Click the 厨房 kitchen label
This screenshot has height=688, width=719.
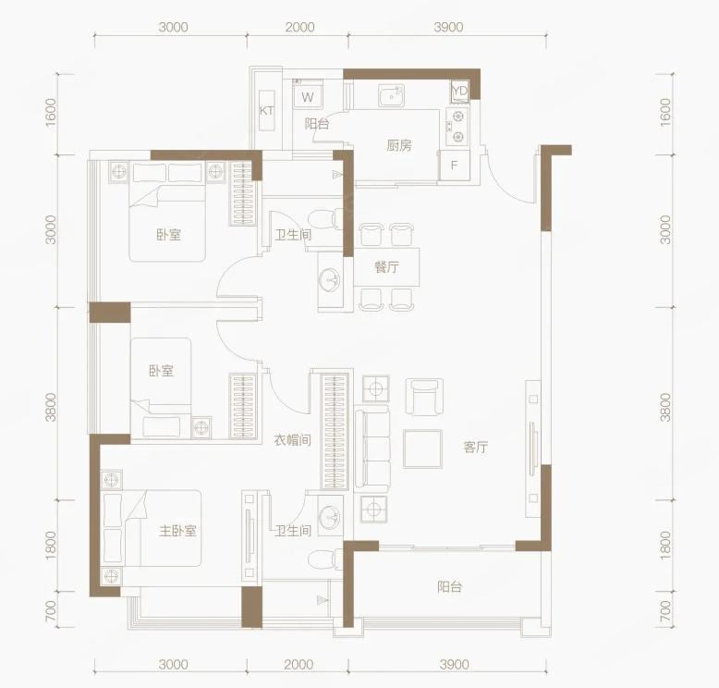pos(399,145)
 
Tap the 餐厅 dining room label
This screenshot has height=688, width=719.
pos(386,266)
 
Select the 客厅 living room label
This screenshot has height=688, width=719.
pos(476,447)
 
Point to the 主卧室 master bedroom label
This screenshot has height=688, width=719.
pos(177,531)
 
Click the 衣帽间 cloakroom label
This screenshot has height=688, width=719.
pos(293,440)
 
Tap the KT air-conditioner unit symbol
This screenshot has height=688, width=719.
pos(267,111)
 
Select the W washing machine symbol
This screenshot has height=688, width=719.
pos(308,97)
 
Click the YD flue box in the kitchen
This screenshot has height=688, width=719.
pos(459,91)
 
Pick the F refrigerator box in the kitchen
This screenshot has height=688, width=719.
pos(455,166)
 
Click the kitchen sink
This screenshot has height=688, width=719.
pos(391,95)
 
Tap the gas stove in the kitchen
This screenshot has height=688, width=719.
pos(457,127)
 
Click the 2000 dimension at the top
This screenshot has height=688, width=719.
pos(299,27)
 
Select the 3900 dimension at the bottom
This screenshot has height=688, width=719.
pos(454,664)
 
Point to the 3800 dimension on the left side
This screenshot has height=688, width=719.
pos(51,407)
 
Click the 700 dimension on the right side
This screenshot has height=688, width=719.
pos(665,611)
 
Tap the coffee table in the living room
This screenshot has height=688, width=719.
pos(422,448)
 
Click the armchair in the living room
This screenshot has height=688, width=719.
pos(424,397)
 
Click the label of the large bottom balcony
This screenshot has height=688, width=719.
pos(449,586)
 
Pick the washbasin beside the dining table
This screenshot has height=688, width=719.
pos(330,278)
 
